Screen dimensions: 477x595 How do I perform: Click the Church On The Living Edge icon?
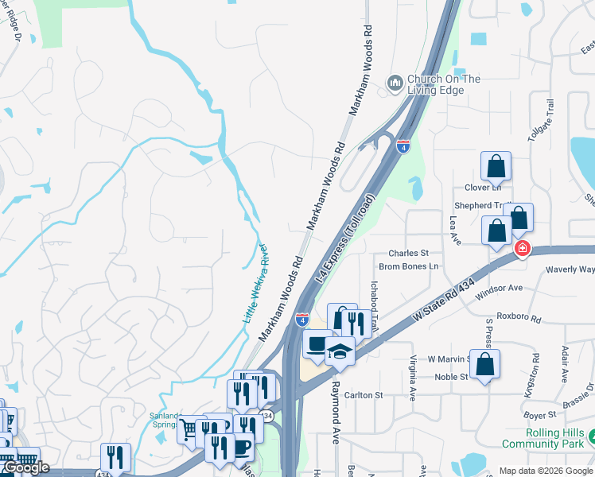(x=395, y=83)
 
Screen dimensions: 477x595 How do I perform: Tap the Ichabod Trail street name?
(x=374, y=301)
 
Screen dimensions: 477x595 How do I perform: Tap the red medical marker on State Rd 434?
(x=522, y=248)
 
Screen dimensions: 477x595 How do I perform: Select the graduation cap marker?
(x=340, y=351)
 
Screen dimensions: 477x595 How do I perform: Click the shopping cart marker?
(x=191, y=429)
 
